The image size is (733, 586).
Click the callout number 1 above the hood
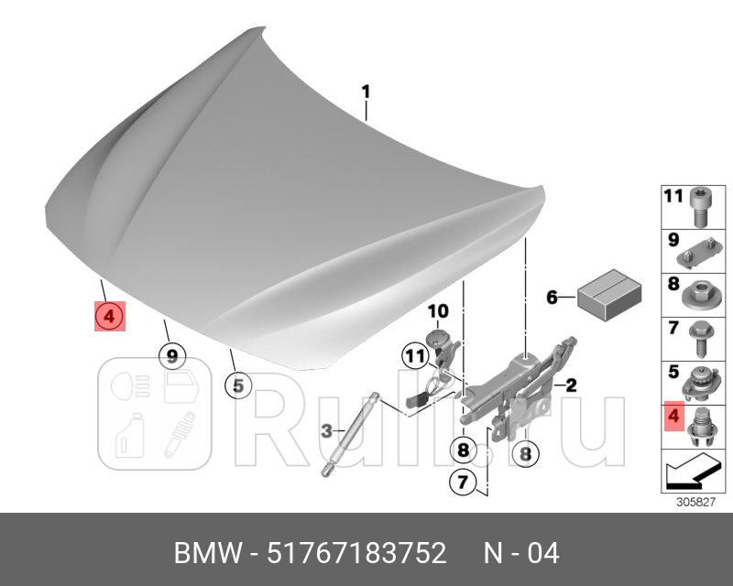pos(365,92)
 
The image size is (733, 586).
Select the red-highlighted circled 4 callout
pos(108,318)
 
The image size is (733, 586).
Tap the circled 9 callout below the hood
pos(170,354)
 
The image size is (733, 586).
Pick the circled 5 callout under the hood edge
pos(237,385)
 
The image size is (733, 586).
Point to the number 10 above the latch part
pos(437,312)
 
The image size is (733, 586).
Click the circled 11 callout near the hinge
pos(414,355)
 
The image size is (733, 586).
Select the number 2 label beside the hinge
pos(570,385)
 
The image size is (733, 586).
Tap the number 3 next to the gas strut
pos(326,431)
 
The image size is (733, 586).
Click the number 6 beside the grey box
pos(552,298)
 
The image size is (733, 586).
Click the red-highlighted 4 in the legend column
pos(673,417)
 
